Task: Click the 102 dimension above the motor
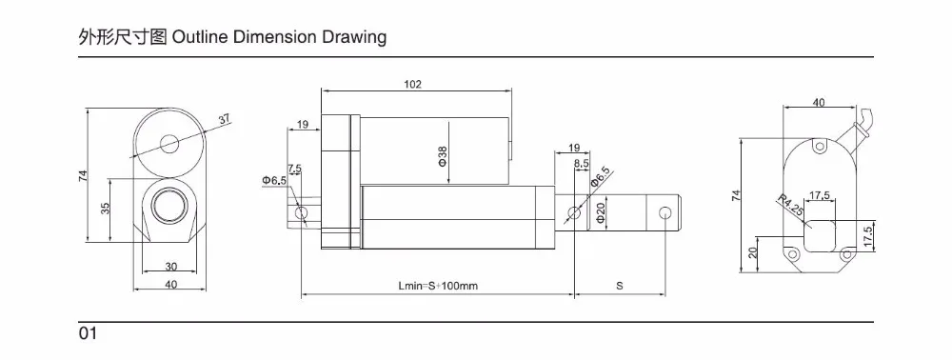click(x=412, y=85)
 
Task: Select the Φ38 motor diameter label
click(x=443, y=156)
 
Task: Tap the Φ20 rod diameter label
click(x=601, y=213)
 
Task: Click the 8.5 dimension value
click(x=581, y=163)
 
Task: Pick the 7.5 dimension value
click(x=294, y=168)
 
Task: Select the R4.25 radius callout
click(x=790, y=206)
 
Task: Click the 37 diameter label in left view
click(x=225, y=119)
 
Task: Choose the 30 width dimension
click(x=170, y=267)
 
